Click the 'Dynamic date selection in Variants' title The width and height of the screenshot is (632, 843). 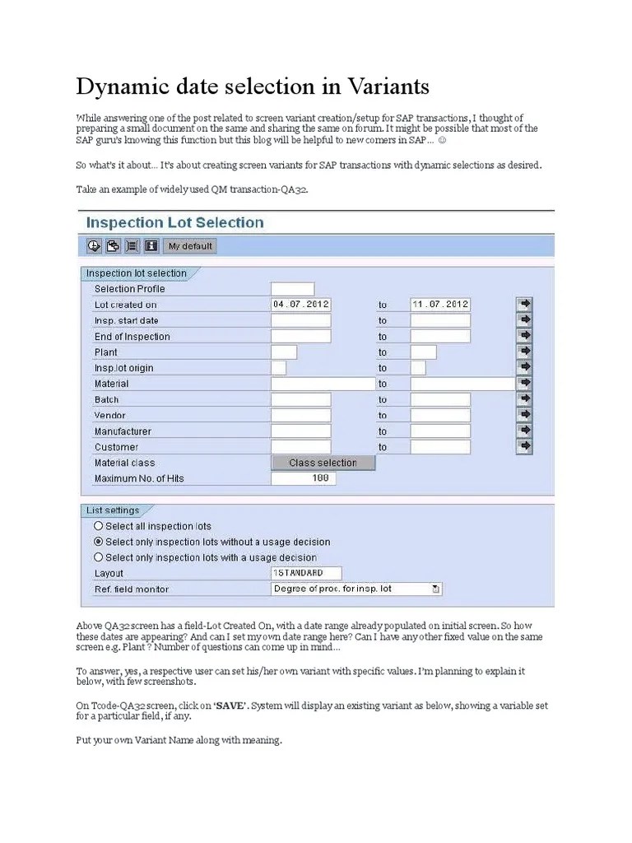coord(253,86)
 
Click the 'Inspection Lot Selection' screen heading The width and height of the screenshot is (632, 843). coord(175,222)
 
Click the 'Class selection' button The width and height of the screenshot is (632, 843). coord(323,463)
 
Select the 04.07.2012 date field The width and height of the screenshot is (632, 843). coord(301,305)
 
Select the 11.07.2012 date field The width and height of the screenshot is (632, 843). coord(440,305)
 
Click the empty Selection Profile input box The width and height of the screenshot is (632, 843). coord(292,289)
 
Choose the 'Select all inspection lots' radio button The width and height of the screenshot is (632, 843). coord(99,526)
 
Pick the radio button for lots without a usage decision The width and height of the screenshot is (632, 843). coord(99,542)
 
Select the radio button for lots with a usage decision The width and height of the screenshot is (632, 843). coord(99,557)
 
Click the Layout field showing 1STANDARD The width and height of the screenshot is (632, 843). coord(306,573)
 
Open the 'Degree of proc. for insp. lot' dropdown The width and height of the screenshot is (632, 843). coord(435,589)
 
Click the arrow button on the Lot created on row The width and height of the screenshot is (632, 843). coord(525,305)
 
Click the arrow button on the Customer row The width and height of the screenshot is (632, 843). coord(525,447)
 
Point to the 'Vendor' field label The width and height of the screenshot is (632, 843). coord(110,416)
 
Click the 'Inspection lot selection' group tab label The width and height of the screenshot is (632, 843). coord(137,273)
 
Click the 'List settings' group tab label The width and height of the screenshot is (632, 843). coord(113,510)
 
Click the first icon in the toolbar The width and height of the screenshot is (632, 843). coord(93,245)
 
